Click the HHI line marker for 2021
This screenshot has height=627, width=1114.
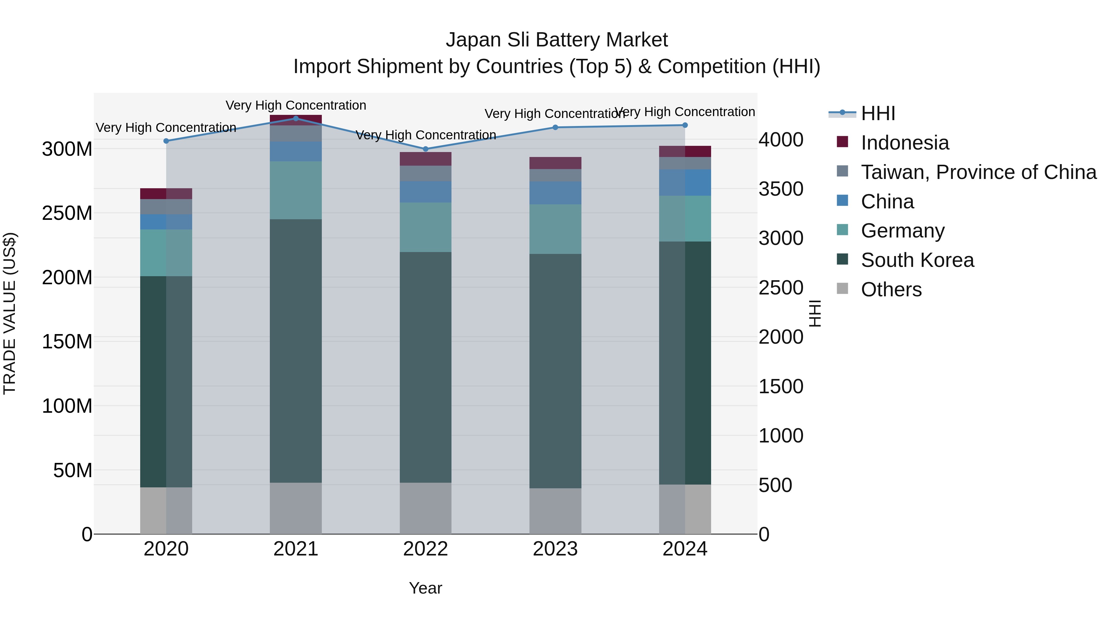[296, 118]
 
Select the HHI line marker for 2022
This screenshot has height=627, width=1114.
[425, 149]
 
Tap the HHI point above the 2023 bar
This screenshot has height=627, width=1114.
[555, 127]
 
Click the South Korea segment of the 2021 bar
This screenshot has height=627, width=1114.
[296, 351]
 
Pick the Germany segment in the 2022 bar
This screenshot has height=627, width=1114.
[425, 227]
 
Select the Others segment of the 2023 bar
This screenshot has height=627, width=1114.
[555, 511]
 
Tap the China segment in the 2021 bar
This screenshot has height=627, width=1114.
[296, 151]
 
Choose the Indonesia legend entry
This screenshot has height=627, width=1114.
[905, 143]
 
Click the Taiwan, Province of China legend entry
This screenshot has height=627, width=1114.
[978, 172]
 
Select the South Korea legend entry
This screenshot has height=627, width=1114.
[917, 260]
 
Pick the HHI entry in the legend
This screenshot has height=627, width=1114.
[878, 113]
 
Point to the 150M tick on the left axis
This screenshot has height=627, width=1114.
[67, 342]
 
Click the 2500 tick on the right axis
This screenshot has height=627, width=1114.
[781, 288]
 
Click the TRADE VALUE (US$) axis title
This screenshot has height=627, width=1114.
[10, 313]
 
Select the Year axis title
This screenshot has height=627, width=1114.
[425, 588]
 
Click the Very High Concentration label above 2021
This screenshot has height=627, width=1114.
[296, 105]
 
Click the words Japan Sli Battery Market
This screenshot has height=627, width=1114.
[557, 40]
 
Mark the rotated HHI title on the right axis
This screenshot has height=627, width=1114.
[814, 313]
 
